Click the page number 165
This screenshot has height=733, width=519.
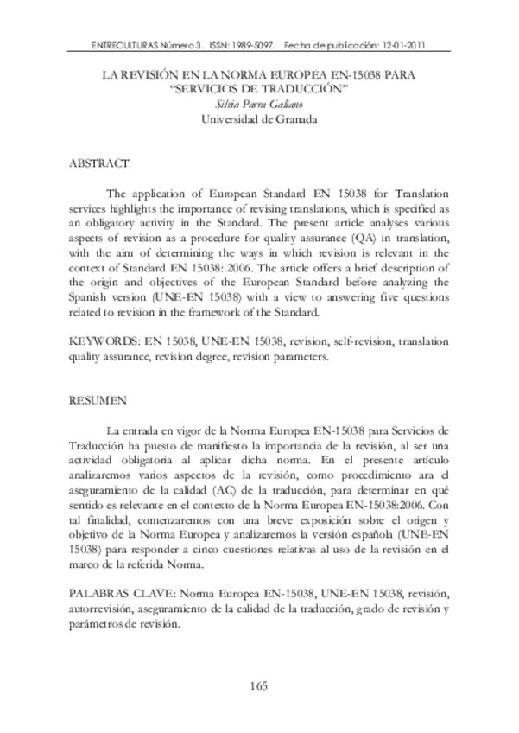coord(260,686)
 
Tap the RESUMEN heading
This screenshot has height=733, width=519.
coord(95,401)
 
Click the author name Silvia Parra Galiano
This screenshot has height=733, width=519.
coord(259,105)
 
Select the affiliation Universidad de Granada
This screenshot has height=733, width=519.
coord(259,119)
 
